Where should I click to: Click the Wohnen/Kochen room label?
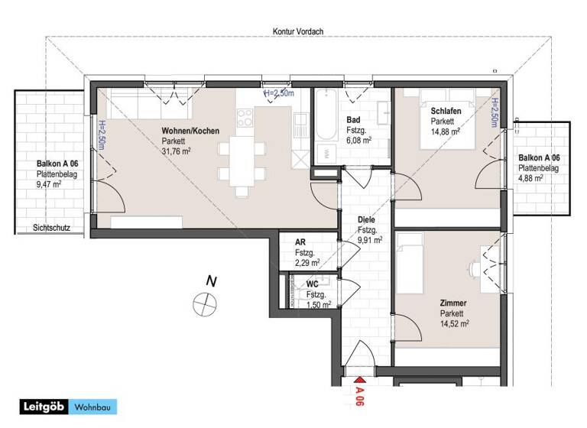[190, 131]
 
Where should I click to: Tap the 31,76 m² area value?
[177, 151]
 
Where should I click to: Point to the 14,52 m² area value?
[454, 324]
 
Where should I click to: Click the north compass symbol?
[206, 303]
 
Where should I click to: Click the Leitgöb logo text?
[43, 407]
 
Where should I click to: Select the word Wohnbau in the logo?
[94, 407]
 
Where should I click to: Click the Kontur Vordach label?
[297, 31]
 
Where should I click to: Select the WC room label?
[312, 284]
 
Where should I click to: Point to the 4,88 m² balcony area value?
[531, 178]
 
